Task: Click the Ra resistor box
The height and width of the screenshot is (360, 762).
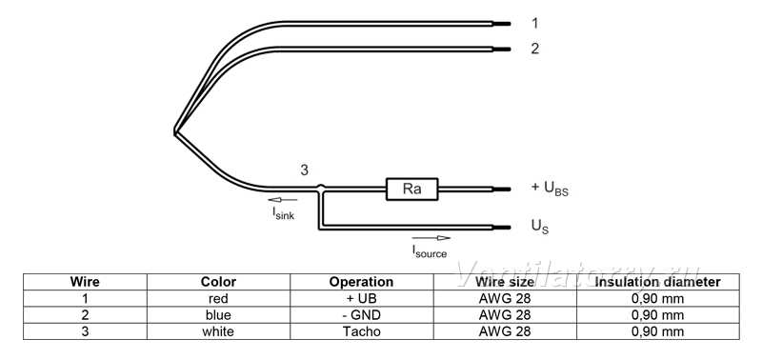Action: (412, 189)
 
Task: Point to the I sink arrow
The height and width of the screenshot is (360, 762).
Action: (282, 200)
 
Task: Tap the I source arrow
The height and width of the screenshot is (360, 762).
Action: (431, 238)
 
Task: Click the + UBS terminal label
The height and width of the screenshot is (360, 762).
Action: (550, 189)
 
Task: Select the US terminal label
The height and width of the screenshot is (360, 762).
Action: (540, 227)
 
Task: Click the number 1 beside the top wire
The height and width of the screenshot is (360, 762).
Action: (534, 23)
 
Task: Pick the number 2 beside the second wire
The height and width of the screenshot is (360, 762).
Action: (534, 49)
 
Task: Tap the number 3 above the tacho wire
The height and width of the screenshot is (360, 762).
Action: (304, 170)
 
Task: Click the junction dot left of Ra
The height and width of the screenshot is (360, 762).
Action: (320, 188)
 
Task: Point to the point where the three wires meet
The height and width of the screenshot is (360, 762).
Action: (175, 131)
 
